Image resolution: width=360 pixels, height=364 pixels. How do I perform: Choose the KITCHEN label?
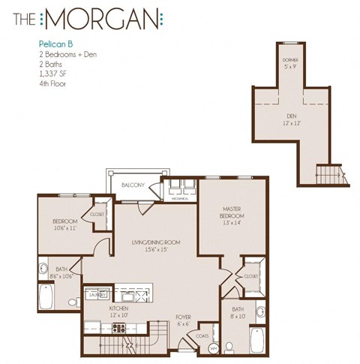118,309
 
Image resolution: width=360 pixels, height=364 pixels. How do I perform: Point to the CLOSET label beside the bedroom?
98,213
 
